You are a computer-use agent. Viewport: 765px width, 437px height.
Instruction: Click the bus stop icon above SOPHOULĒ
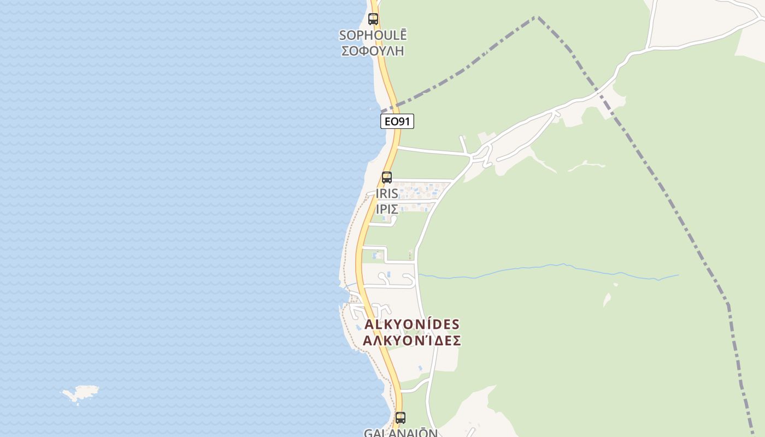[x=373, y=19]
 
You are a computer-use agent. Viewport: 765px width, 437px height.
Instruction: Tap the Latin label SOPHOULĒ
[x=373, y=35]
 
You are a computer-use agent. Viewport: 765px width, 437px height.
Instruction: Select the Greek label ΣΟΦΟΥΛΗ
[x=373, y=50]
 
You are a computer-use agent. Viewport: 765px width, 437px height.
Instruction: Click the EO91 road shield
[x=397, y=121]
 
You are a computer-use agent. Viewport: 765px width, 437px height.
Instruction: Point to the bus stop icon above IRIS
[x=387, y=178]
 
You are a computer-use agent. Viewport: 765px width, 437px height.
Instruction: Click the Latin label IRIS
[x=387, y=194]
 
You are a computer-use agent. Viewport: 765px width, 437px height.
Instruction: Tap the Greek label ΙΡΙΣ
[x=387, y=209]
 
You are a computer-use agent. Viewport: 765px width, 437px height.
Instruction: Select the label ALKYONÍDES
[x=412, y=324]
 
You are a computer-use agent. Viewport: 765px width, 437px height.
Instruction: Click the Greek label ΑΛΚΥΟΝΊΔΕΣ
[x=412, y=340]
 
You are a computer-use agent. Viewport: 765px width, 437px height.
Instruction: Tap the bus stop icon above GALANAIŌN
[x=401, y=418]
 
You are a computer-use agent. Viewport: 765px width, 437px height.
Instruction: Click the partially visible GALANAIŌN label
[x=401, y=433]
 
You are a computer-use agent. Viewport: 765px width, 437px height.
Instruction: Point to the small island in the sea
[x=81, y=392]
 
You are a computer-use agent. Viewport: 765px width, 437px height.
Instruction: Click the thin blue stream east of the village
[x=546, y=267]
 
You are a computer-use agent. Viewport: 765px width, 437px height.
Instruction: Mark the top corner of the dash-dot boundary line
[x=537, y=17]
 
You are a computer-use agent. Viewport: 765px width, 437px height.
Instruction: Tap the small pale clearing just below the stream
[x=607, y=299]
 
